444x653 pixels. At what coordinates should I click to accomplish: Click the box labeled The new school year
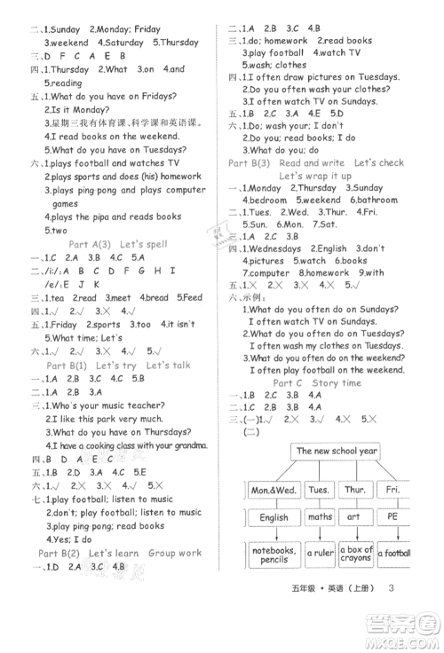point(337,451)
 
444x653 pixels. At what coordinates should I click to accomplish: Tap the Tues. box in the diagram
point(317,489)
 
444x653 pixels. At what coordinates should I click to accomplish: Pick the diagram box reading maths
point(320,516)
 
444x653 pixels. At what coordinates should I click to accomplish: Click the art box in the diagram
point(354,516)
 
